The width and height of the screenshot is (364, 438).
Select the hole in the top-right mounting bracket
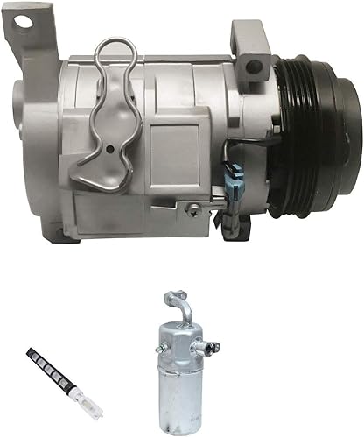tap(254, 66)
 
